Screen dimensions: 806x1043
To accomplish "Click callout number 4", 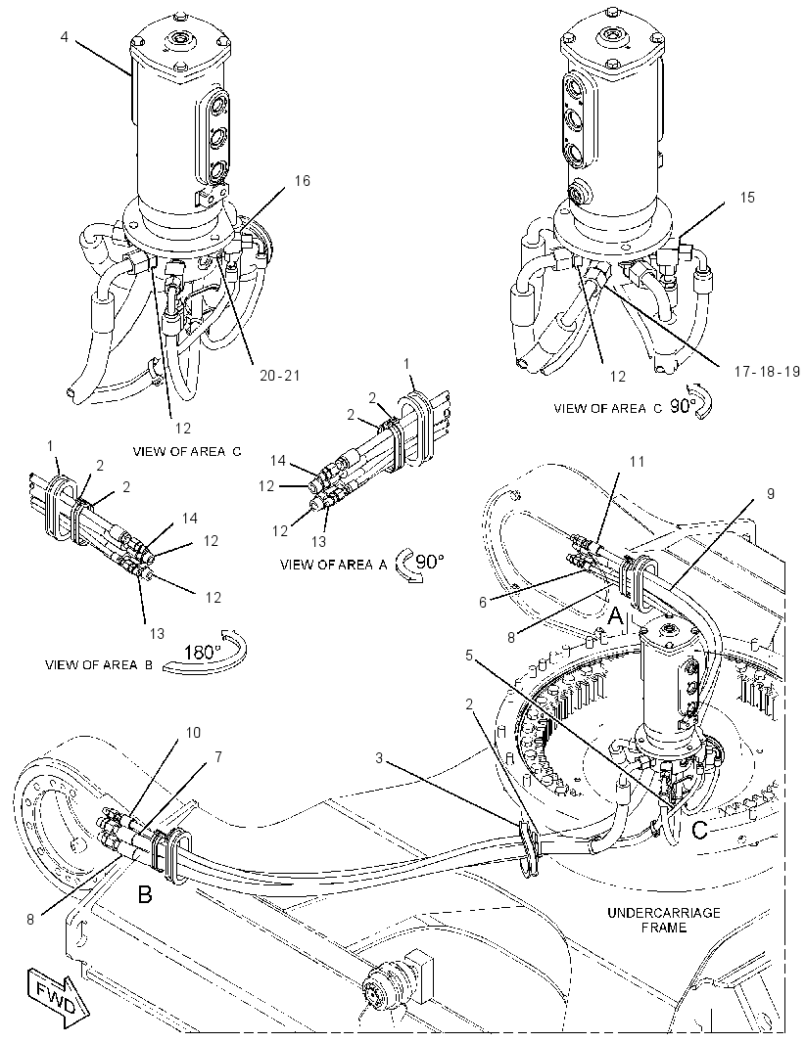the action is (x=65, y=36).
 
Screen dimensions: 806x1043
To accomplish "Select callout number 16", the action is (x=303, y=181).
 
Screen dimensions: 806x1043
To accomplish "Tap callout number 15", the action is (x=747, y=198).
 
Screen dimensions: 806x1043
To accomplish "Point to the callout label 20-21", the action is (x=279, y=376).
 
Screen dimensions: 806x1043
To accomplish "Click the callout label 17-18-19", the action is (x=767, y=371).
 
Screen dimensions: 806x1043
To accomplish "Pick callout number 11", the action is (x=637, y=460).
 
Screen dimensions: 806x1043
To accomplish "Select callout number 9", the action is (x=770, y=493).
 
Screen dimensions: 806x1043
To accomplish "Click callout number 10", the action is (x=192, y=733).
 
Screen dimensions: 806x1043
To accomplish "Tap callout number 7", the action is (x=218, y=756).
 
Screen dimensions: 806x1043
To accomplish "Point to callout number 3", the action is (x=379, y=757).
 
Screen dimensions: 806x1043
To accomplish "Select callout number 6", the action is (x=483, y=602).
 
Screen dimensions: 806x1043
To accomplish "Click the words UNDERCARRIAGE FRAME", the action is (x=663, y=920).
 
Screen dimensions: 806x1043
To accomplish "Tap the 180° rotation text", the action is (x=203, y=652).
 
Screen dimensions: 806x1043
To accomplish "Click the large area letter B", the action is (x=144, y=894).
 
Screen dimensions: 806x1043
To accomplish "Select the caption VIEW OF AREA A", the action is (x=334, y=566).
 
